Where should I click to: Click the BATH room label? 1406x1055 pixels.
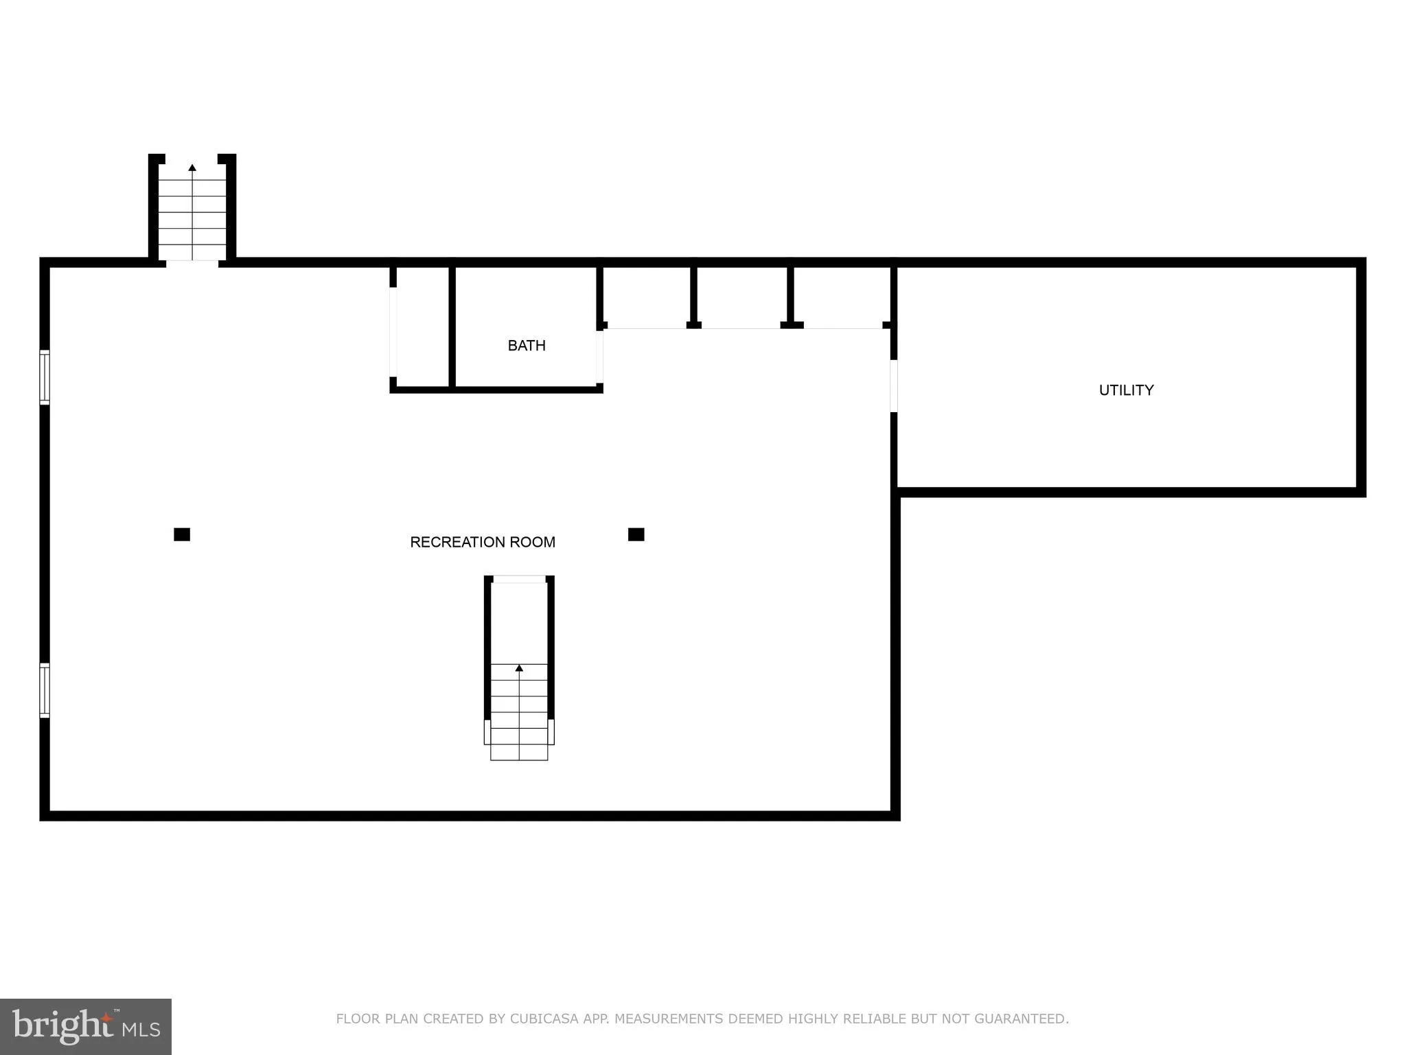point(527,345)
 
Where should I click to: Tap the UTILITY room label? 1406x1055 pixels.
point(1126,390)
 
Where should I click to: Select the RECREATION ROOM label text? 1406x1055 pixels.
point(482,542)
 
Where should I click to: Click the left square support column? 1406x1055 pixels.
point(182,534)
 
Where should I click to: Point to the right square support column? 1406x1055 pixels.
point(636,534)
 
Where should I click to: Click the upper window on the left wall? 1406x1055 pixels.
point(45,376)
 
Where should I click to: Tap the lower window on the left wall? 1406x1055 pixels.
point(45,690)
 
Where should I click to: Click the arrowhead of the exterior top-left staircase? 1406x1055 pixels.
point(192,168)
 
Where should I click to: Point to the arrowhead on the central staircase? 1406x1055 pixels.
point(519,668)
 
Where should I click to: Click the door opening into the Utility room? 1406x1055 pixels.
point(894,385)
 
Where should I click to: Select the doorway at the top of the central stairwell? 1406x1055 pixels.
point(519,579)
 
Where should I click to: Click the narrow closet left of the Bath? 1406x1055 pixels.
point(422,326)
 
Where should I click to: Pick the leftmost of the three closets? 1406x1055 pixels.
point(646,295)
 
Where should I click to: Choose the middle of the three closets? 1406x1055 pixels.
point(742,295)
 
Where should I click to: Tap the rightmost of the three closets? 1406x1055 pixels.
point(842,295)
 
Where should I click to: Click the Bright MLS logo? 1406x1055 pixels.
point(86,1026)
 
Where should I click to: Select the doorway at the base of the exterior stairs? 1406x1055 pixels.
point(192,262)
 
